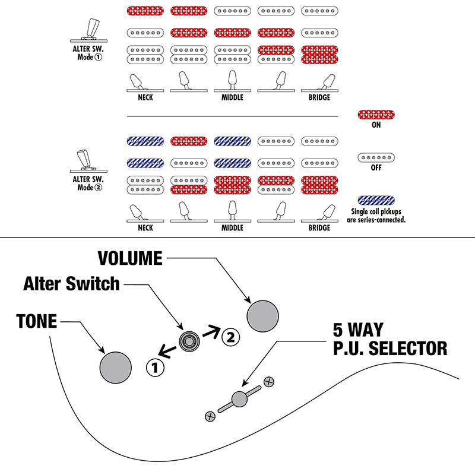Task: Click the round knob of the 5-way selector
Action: pyautogui.click(x=239, y=399)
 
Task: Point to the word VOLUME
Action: pyautogui.click(x=130, y=258)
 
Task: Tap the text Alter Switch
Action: pyautogui.click(x=71, y=284)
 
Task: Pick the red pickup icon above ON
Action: pyautogui.click(x=376, y=115)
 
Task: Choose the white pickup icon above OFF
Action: pyautogui.click(x=376, y=157)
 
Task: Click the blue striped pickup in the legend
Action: pyautogui.click(x=376, y=200)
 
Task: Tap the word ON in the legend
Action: pyautogui.click(x=376, y=125)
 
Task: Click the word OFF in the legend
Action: pyautogui.click(x=376, y=168)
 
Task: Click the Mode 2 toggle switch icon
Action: pyautogui.click(x=83, y=160)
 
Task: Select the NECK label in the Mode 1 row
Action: pyautogui.click(x=145, y=97)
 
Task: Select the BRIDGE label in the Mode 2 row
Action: pyautogui.click(x=319, y=227)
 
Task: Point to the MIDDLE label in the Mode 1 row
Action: pyautogui.click(x=232, y=97)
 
